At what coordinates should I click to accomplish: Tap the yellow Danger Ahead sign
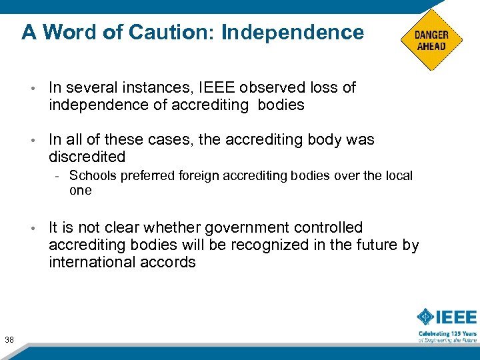pyautogui.click(x=431, y=40)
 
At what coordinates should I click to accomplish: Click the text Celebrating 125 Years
pyautogui.click(x=447, y=333)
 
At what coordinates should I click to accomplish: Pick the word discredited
pyautogui.click(x=87, y=157)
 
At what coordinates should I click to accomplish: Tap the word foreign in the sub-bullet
pyautogui.click(x=197, y=176)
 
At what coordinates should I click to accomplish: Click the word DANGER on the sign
pyautogui.click(x=431, y=35)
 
